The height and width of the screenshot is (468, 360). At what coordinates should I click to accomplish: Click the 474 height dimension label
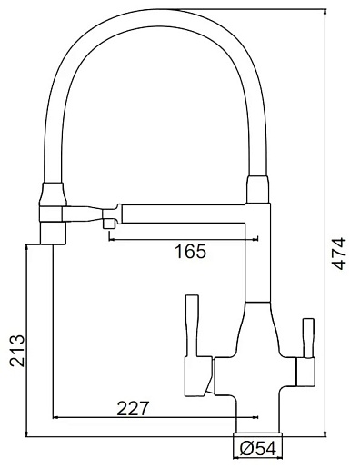pos(338,254)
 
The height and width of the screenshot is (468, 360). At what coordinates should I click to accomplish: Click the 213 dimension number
pos(16,351)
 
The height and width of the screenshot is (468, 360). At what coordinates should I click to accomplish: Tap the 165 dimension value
pos(190,251)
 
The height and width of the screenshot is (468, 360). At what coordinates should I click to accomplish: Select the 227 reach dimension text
pos(133,408)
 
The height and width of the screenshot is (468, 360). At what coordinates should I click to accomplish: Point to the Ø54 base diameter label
pos(258,449)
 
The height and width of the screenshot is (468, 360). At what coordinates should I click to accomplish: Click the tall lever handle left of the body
pos(192,325)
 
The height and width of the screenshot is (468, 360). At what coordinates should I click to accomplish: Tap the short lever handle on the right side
pos(308,338)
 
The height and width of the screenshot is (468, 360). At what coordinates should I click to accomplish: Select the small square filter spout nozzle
pos(109,224)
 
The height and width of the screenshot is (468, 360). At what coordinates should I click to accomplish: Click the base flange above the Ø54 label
pos(257,435)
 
